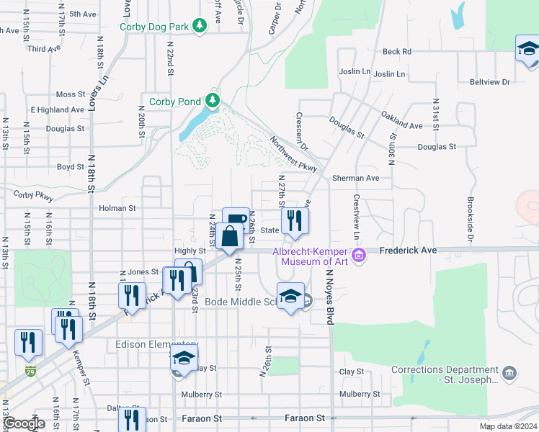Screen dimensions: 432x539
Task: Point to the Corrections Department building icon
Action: (x=510, y=373)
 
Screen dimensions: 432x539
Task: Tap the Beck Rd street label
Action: (x=396, y=51)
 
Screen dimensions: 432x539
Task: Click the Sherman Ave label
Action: (x=355, y=178)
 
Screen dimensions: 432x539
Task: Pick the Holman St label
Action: (x=117, y=208)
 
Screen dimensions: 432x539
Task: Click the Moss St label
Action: (x=71, y=94)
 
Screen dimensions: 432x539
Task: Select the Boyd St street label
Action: (x=71, y=166)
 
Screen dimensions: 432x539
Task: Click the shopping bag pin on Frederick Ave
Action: (x=228, y=237)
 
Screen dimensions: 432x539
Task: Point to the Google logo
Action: (x=24, y=424)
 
